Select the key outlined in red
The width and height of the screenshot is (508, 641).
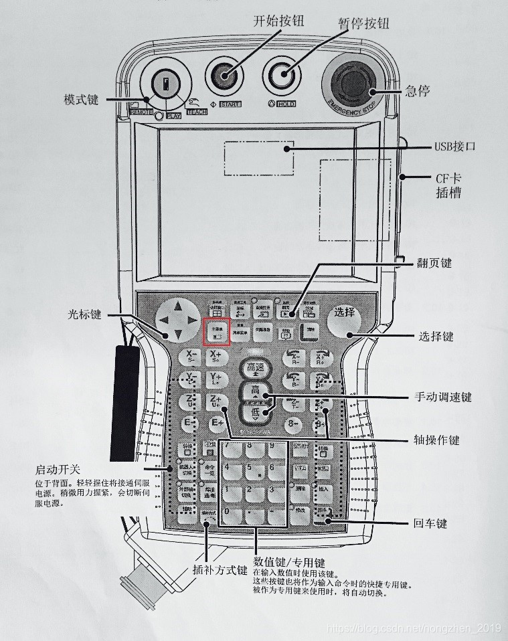point(216,332)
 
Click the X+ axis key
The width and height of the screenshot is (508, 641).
point(216,357)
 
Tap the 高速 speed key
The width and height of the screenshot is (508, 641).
point(256,369)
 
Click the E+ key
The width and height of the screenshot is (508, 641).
point(217,424)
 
